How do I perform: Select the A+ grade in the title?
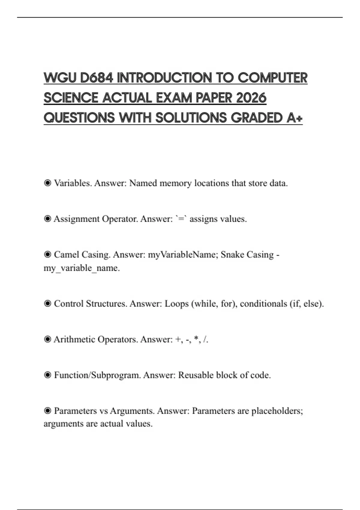[294, 118]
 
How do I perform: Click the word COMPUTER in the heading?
[273, 78]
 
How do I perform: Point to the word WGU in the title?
[60, 78]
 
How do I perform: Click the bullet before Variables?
[47, 183]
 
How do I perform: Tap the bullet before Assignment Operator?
[47, 219]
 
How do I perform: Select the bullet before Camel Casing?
[47, 254]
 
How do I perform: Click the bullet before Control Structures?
[47, 304]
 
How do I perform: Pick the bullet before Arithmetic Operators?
[47, 339]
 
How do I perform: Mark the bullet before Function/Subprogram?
[47, 375]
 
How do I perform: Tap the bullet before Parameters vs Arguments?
[47, 411]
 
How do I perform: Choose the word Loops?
[177, 304]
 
